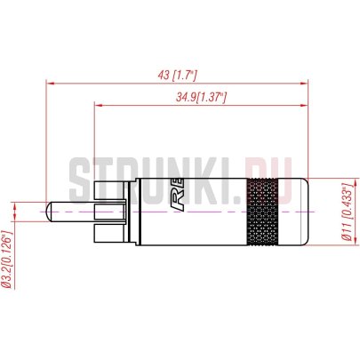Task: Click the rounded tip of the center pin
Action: (46, 214)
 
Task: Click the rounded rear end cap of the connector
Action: (302, 214)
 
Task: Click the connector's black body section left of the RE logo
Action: (160, 214)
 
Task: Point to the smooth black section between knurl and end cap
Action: (286, 214)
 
